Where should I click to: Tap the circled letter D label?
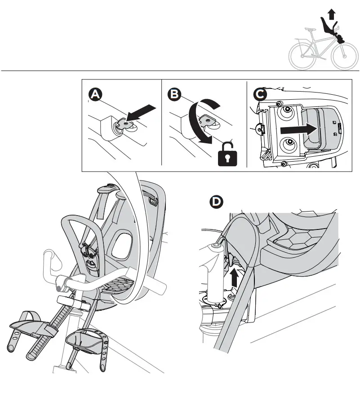(x=217, y=203)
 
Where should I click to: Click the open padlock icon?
(x=227, y=156)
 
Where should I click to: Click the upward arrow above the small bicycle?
(x=332, y=14)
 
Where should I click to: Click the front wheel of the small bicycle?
(x=343, y=57)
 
